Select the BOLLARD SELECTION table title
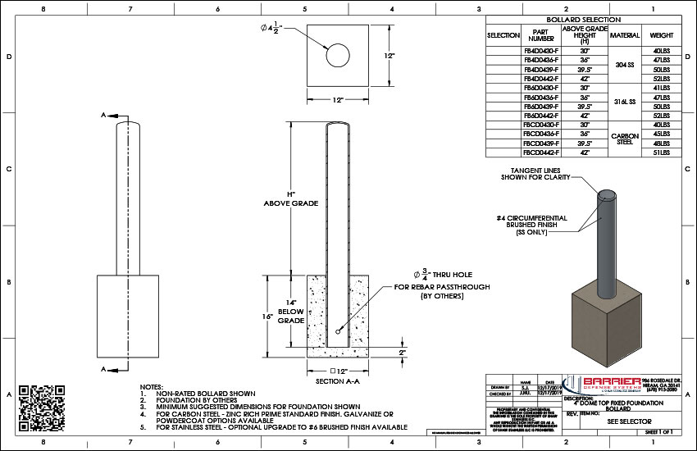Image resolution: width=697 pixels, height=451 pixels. [583, 19]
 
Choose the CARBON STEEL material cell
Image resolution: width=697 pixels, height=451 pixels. [624, 139]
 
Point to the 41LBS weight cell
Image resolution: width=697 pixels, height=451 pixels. [662, 88]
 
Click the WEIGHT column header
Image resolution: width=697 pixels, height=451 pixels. [662, 35]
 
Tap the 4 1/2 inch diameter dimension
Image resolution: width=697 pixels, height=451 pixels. [273, 30]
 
